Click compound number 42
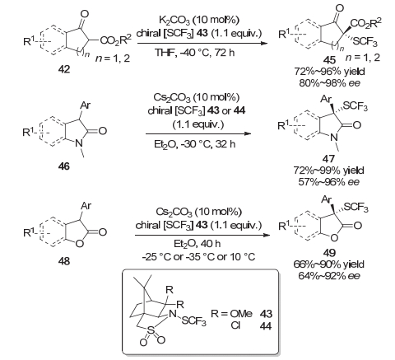coord(64,69)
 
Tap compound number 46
coord(64,166)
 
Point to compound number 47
coord(328,159)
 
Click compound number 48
coord(64,261)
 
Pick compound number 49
coord(329,253)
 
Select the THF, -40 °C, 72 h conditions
coord(195,52)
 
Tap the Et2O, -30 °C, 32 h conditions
coord(195,144)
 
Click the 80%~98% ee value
coord(329,82)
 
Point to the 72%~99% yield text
coord(328,171)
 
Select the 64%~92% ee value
coord(328,275)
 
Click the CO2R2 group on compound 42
coord(116,40)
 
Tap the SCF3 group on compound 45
coord(365,42)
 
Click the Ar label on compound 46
coord(86,105)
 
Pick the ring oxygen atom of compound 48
coord(79,244)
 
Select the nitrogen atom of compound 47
coord(333,138)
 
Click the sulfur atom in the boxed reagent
coord(151,330)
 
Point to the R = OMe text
coord(231,314)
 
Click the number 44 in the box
coord(266,326)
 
